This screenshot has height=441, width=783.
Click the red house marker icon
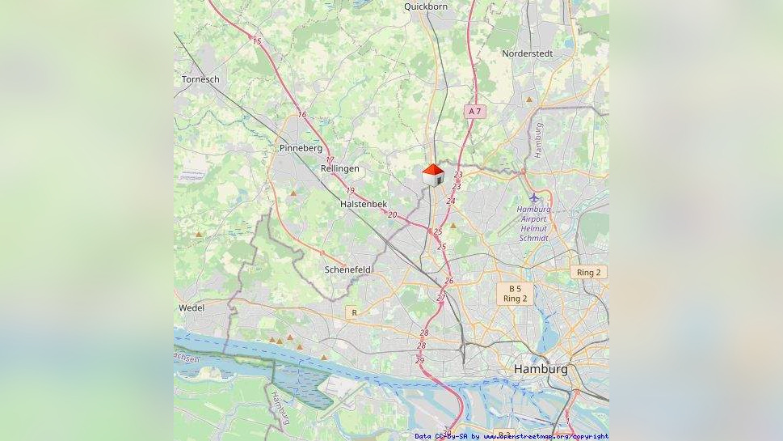[x=433, y=175]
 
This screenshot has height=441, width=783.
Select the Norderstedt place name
[x=527, y=53]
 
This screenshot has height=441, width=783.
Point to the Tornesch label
[x=200, y=79]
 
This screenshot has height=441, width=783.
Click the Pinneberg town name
[x=301, y=149]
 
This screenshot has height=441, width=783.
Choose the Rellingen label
[x=339, y=168]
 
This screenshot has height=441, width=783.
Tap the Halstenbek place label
[x=364, y=205]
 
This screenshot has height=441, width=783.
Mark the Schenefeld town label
[x=347, y=269]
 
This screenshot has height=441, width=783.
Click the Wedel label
[x=192, y=308]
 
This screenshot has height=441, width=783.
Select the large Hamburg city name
[x=541, y=369]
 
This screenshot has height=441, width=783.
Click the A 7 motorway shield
[x=475, y=111]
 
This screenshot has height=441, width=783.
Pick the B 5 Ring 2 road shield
[x=515, y=294]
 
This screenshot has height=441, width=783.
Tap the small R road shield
[x=352, y=312]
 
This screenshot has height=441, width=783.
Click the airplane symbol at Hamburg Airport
[x=534, y=197]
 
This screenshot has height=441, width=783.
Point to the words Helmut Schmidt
[x=534, y=233]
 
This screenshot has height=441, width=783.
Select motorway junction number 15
[x=257, y=41]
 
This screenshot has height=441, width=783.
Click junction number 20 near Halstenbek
[x=393, y=214]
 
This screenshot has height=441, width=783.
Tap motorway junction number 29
[x=419, y=360]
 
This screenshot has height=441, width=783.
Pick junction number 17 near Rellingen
[x=330, y=160]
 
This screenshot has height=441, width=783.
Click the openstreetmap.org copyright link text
[x=546, y=436]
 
